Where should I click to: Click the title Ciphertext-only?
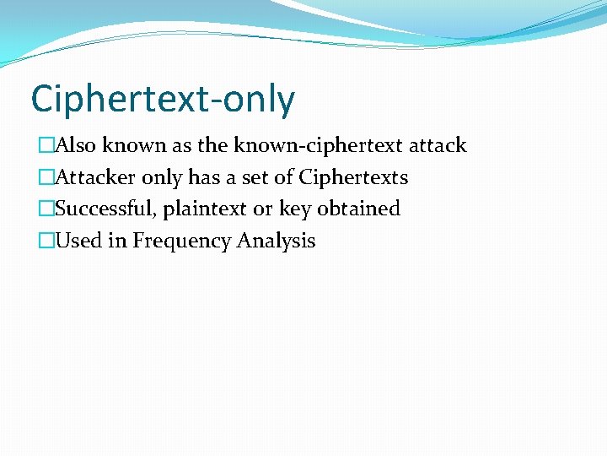[x=163, y=100]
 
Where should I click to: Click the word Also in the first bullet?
[x=76, y=145]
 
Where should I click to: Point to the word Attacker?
[x=95, y=177]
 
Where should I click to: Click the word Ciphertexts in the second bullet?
[x=353, y=177]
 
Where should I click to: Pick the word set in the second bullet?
[x=259, y=177]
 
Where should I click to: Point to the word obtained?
[x=358, y=209]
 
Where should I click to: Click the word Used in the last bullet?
[x=78, y=241]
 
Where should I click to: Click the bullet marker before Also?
[x=46, y=146]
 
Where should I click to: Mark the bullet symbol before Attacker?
[x=46, y=178]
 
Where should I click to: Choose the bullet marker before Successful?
[x=46, y=209]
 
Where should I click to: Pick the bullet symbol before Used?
[x=46, y=242]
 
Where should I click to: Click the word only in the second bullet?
[x=161, y=178]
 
